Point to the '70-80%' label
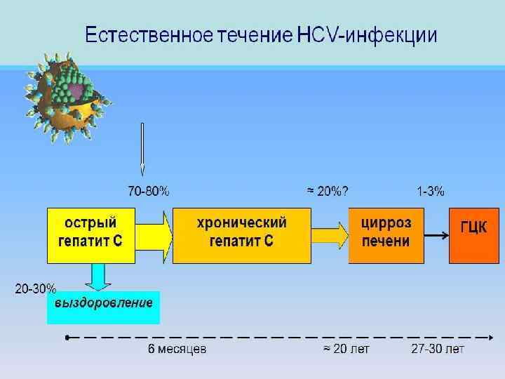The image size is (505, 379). click(148, 191)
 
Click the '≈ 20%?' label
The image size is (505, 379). click(327, 191)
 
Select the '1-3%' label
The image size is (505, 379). click(430, 191)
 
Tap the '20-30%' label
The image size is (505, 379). click(35, 288)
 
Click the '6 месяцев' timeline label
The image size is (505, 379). click(177, 350)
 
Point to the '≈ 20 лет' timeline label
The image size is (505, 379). click(346, 350)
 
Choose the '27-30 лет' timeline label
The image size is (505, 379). click(438, 350)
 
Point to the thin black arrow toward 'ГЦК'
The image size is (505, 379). click(436, 236)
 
